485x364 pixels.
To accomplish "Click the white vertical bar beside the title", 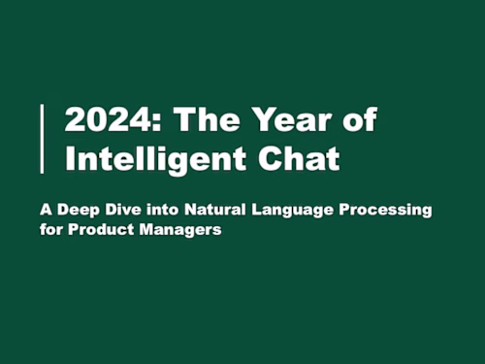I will [42, 139].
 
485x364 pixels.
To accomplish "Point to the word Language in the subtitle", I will [310, 210].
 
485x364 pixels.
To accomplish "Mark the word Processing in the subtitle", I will [392, 210].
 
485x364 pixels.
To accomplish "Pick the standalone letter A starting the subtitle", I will [71, 210].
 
